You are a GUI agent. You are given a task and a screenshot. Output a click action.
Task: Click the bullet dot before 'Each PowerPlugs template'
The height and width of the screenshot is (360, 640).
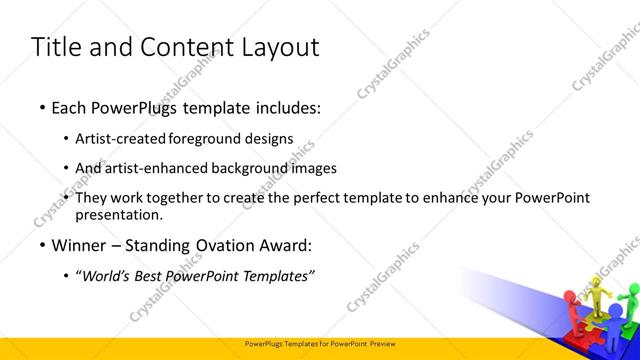(x=41, y=106)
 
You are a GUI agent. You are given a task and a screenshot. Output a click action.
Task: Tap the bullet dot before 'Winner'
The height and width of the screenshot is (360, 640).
(x=41, y=245)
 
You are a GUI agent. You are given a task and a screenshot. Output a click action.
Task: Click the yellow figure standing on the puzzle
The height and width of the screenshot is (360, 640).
(x=597, y=296)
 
